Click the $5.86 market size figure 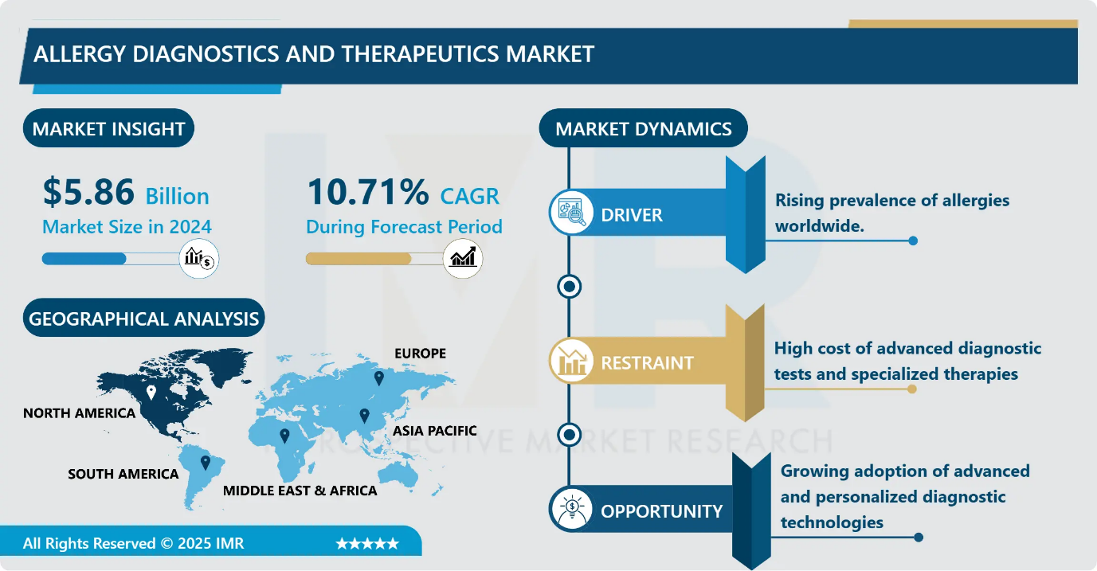pyautogui.click(x=88, y=194)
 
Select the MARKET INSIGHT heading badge pyautogui.click(x=108, y=129)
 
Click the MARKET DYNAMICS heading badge pyautogui.click(x=643, y=129)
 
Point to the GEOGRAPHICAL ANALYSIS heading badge pyautogui.click(x=143, y=319)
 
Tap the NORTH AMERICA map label pyautogui.click(x=79, y=413)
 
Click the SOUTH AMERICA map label pyautogui.click(x=123, y=474)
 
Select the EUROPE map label pyautogui.click(x=420, y=353)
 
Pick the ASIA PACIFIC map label pyautogui.click(x=434, y=431)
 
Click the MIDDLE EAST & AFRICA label pyautogui.click(x=300, y=490)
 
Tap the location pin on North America pyautogui.click(x=151, y=393)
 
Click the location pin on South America pyautogui.click(x=205, y=462)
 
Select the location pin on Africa pyautogui.click(x=284, y=436)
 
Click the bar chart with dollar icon pyautogui.click(x=198, y=259)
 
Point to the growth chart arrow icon pyautogui.click(x=462, y=259)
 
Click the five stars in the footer pyautogui.click(x=367, y=544)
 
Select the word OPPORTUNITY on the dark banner pyautogui.click(x=661, y=511)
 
